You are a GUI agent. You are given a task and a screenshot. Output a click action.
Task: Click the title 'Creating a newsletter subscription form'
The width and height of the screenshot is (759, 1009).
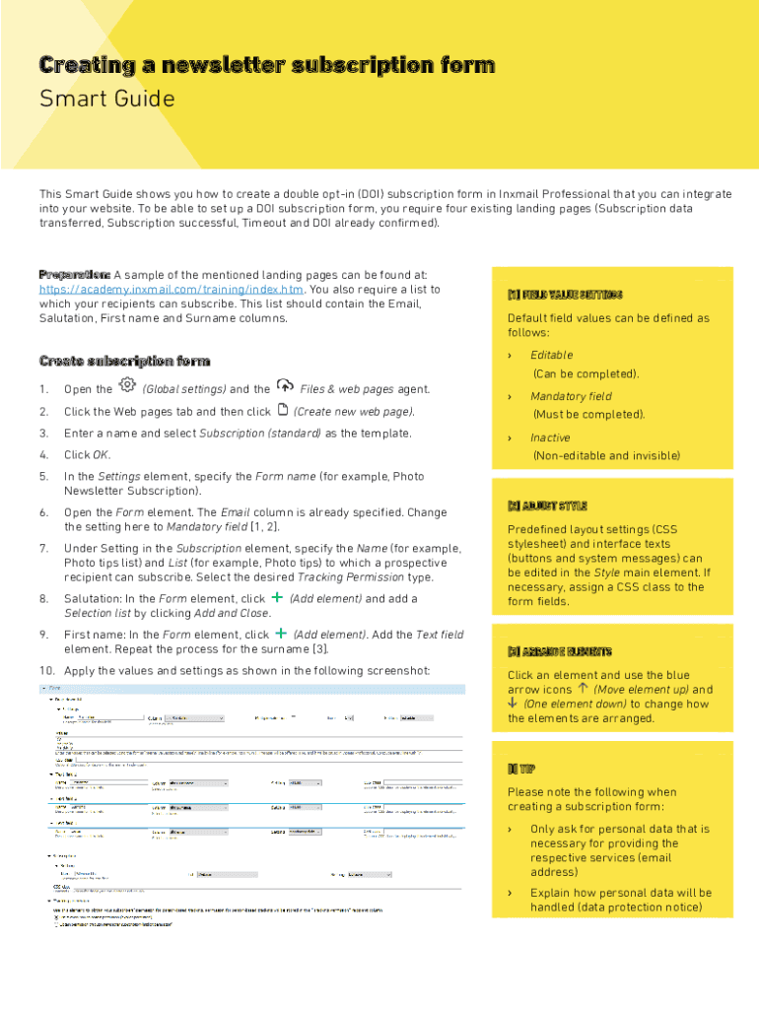266,66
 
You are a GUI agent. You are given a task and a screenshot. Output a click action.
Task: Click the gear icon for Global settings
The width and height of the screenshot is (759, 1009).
127,385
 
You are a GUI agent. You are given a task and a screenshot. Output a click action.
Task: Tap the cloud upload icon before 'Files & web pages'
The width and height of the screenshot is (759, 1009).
285,385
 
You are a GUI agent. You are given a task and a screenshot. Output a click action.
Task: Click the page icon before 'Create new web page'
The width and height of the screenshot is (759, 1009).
283,410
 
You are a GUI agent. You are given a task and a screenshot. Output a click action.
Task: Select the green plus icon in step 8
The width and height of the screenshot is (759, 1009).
277,597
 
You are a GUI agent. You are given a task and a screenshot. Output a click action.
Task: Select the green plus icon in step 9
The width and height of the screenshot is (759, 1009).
282,634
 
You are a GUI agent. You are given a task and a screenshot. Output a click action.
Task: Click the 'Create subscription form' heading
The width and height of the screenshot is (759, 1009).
124,361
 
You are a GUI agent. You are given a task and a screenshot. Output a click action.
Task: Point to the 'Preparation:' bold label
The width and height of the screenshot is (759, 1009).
74,274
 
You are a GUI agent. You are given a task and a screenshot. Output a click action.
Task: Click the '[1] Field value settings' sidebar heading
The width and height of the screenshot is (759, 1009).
564,295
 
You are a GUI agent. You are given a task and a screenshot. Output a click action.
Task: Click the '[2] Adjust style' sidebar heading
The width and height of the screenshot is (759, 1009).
547,505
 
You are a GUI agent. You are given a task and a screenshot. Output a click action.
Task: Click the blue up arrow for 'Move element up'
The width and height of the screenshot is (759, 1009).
584,689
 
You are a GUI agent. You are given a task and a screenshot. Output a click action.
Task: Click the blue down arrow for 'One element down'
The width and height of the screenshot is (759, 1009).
513,704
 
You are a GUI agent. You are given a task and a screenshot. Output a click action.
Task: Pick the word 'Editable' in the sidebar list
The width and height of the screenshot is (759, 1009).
551,355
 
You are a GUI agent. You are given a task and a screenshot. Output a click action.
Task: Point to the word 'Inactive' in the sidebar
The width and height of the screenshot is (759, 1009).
550,437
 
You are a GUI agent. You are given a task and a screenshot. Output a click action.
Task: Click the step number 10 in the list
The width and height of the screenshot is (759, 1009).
45,670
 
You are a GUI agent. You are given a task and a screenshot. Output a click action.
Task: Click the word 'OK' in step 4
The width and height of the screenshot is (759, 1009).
101,455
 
